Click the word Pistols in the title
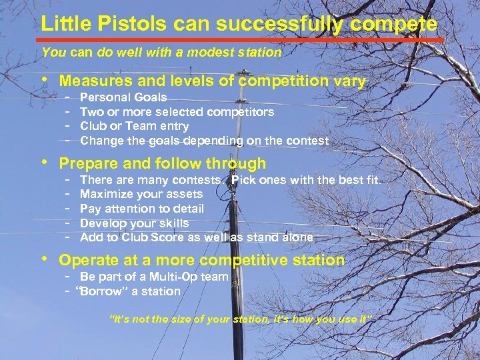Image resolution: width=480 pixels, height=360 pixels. pyautogui.click(x=114, y=25)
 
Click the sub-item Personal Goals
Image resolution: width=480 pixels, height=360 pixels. pyautogui.click(x=123, y=97)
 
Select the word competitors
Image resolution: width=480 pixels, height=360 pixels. pyautogui.click(x=241, y=112)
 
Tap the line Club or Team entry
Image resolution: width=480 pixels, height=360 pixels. pyautogui.click(x=134, y=126)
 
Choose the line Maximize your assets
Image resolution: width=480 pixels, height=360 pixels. pyautogui.click(x=141, y=194)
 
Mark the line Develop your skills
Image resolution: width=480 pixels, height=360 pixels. pyautogui.click(x=134, y=223)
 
